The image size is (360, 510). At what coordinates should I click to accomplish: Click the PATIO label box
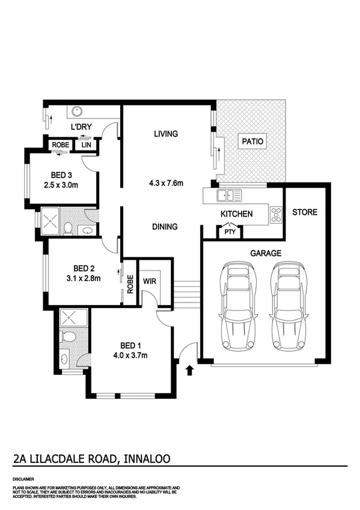pos(252,141)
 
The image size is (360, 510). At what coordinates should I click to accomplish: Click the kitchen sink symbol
pos(230,195)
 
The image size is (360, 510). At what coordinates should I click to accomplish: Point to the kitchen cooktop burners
pos(276,214)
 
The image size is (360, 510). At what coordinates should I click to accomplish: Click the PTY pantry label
pos(229,232)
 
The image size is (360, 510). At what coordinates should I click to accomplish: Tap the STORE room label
pos(305,212)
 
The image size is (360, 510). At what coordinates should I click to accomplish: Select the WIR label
pos(150,280)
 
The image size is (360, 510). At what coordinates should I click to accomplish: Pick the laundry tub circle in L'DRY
pos(77,111)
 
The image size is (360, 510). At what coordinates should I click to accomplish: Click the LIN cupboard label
pos(86,145)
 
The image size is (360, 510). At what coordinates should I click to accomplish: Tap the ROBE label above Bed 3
pos(59,145)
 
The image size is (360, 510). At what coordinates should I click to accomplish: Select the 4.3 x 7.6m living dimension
pos(165,183)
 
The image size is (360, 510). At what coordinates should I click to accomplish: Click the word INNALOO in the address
pos(147,459)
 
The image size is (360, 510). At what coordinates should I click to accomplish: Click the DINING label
pos(165,227)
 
